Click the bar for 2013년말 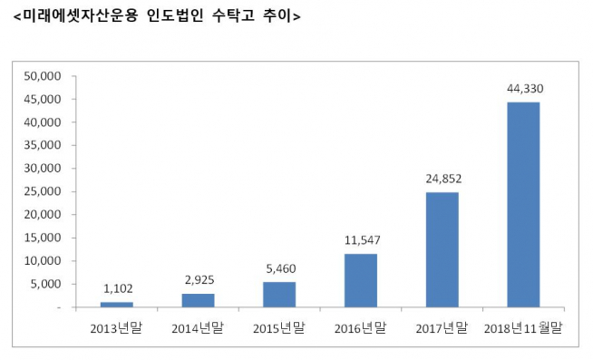point(117,305)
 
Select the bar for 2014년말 point(198,300)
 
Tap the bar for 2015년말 point(279,295)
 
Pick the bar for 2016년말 point(361,280)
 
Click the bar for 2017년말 point(442,249)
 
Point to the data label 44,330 point(523,89)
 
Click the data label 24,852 point(442,179)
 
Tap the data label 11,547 point(361,240)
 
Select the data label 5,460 point(279,268)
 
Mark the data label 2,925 point(198,280)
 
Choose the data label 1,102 point(117,288)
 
